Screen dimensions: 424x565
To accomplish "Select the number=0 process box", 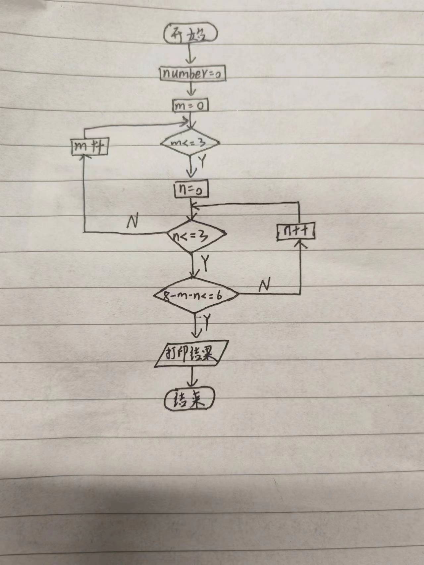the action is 192,74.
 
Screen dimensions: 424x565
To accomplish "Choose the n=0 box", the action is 191,190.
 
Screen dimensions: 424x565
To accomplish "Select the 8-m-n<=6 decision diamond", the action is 196,294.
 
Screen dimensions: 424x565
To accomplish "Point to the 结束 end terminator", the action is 189,400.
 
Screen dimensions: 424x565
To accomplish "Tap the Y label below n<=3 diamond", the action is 206,263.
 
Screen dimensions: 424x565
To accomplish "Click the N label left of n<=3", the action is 132,222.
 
